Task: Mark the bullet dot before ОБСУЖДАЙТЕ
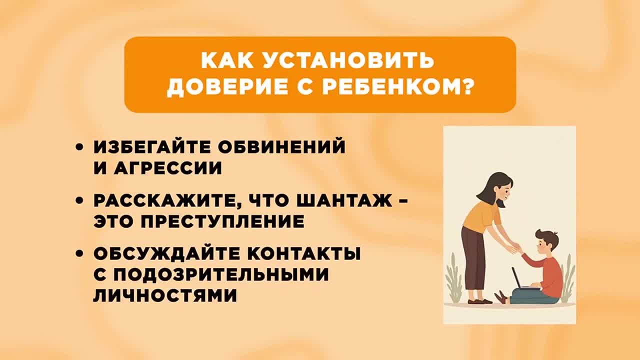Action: (x=79, y=254)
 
